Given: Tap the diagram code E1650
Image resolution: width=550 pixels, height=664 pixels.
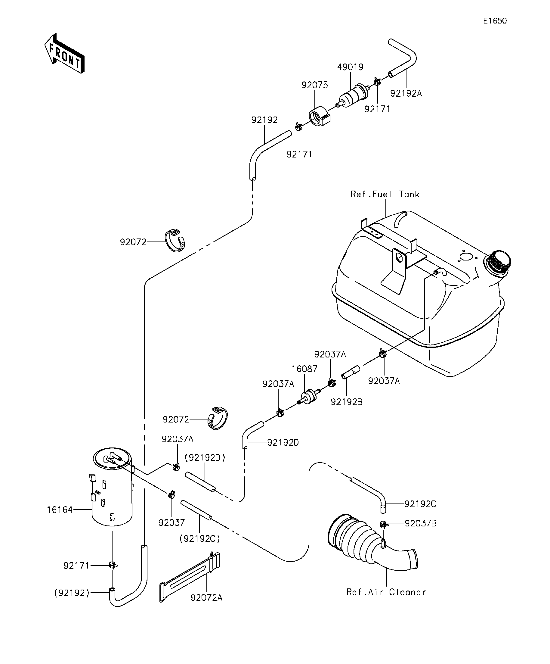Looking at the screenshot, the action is (x=495, y=21).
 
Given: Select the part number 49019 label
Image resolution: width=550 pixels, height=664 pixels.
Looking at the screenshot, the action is (x=350, y=67).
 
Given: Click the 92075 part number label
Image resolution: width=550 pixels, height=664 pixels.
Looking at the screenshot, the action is (x=315, y=85).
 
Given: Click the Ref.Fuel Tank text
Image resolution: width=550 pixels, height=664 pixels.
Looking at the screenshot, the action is (x=385, y=194).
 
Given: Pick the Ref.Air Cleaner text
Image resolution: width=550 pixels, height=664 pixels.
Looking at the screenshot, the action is (x=386, y=592).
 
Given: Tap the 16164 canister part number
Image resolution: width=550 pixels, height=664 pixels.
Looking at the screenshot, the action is (x=60, y=510).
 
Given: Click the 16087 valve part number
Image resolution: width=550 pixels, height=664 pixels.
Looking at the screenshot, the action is (x=304, y=369).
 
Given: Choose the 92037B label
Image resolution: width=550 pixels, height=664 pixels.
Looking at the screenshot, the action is (x=421, y=524).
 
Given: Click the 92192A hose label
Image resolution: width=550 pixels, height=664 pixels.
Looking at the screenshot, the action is (x=406, y=94).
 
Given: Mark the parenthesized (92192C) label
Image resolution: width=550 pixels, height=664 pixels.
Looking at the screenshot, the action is (x=200, y=538).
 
